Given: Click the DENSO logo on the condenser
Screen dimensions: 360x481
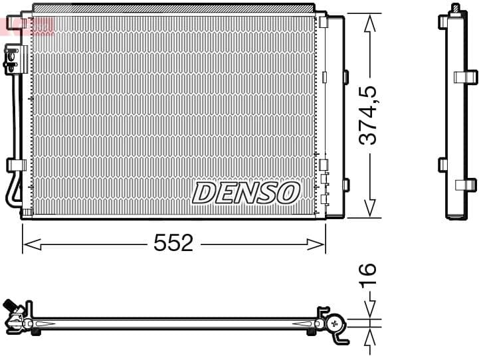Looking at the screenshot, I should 246,193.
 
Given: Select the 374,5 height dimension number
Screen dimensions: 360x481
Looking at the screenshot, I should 369,114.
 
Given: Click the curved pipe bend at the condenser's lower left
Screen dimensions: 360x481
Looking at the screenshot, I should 10,193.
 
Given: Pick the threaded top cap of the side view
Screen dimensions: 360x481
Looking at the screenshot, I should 456,9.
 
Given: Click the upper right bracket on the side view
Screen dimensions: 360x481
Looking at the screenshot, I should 467,76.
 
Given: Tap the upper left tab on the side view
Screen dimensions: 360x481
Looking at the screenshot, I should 443,22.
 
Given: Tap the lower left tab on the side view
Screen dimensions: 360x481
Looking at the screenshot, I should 443,164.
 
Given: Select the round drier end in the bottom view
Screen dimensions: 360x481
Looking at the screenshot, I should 334,323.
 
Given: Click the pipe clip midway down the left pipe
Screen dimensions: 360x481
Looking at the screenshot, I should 15,165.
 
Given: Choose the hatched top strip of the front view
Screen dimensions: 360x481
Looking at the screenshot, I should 173,8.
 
